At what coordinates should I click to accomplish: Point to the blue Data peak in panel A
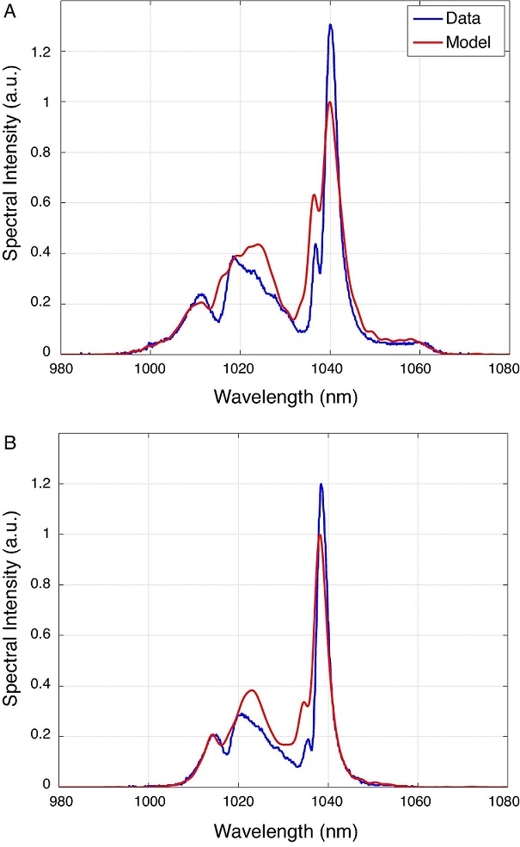[x=330, y=25]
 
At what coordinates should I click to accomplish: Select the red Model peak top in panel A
[x=329, y=102]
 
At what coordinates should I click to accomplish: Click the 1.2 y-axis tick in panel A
[x=40, y=52]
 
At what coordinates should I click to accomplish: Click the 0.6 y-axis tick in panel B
[x=40, y=635]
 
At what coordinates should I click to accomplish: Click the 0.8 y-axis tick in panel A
[x=40, y=152]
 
